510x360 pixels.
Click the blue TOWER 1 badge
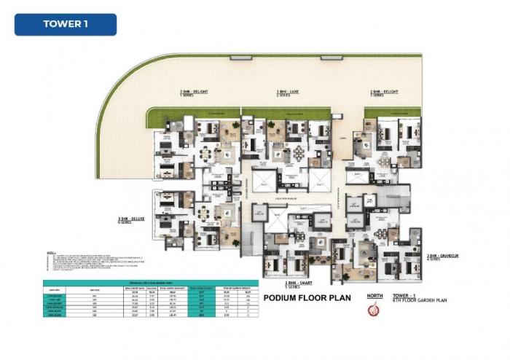(66, 24)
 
